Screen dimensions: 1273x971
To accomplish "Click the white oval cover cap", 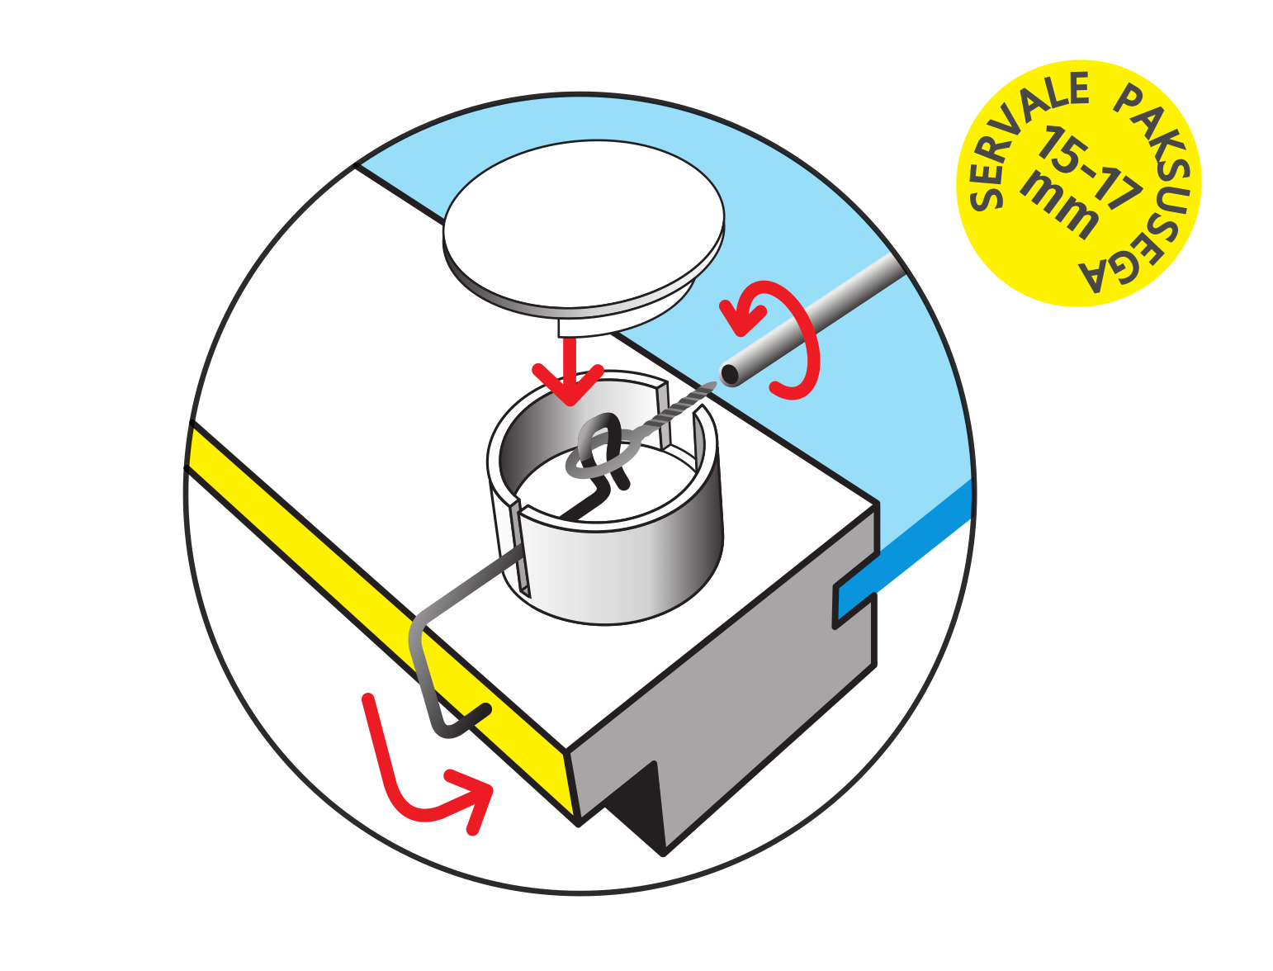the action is [584, 229].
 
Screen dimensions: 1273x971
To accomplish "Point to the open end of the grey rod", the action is [730, 374].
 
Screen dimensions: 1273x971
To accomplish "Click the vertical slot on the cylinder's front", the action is [520, 548].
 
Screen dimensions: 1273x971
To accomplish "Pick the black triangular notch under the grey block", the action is [638, 810].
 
